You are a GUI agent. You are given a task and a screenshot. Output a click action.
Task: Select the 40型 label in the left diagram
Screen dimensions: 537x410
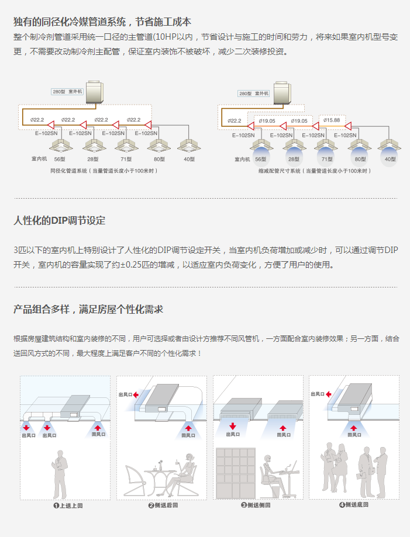click(189, 159)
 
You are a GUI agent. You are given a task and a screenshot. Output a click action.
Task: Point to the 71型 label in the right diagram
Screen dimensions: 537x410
click(326, 159)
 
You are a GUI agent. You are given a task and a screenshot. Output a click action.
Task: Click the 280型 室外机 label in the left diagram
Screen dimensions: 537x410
click(68, 92)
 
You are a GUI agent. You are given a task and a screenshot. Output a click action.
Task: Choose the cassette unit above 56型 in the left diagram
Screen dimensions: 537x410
click(59, 144)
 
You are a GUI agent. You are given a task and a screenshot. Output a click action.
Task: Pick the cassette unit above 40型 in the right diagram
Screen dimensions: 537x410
click(390, 144)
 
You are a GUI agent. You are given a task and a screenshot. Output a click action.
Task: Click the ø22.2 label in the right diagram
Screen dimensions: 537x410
click(234, 121)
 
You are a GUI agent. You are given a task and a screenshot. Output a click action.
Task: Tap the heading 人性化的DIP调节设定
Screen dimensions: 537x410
click(60, 220)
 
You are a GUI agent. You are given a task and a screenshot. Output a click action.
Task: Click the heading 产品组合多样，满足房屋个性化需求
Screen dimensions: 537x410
click(88, 309)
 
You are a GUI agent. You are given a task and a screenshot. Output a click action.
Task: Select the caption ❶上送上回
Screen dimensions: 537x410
click(68, 505)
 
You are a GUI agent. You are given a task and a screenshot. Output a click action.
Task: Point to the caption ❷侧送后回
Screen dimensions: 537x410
click(163, 505)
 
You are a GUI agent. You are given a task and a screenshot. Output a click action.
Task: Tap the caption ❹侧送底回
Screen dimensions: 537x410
click(353, 505)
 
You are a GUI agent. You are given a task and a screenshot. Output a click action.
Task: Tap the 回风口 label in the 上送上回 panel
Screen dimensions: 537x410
click(98, 434)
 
